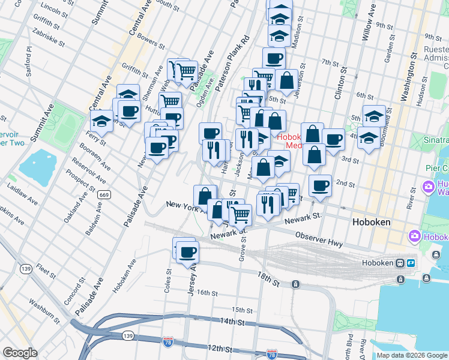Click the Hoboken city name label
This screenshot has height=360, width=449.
pos(370,222)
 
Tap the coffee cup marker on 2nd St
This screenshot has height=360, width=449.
pos(321,185)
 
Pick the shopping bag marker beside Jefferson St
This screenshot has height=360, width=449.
pos(287,80)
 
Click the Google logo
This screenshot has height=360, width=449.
pos(20,353)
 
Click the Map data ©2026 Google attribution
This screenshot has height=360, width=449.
pos(412,355)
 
